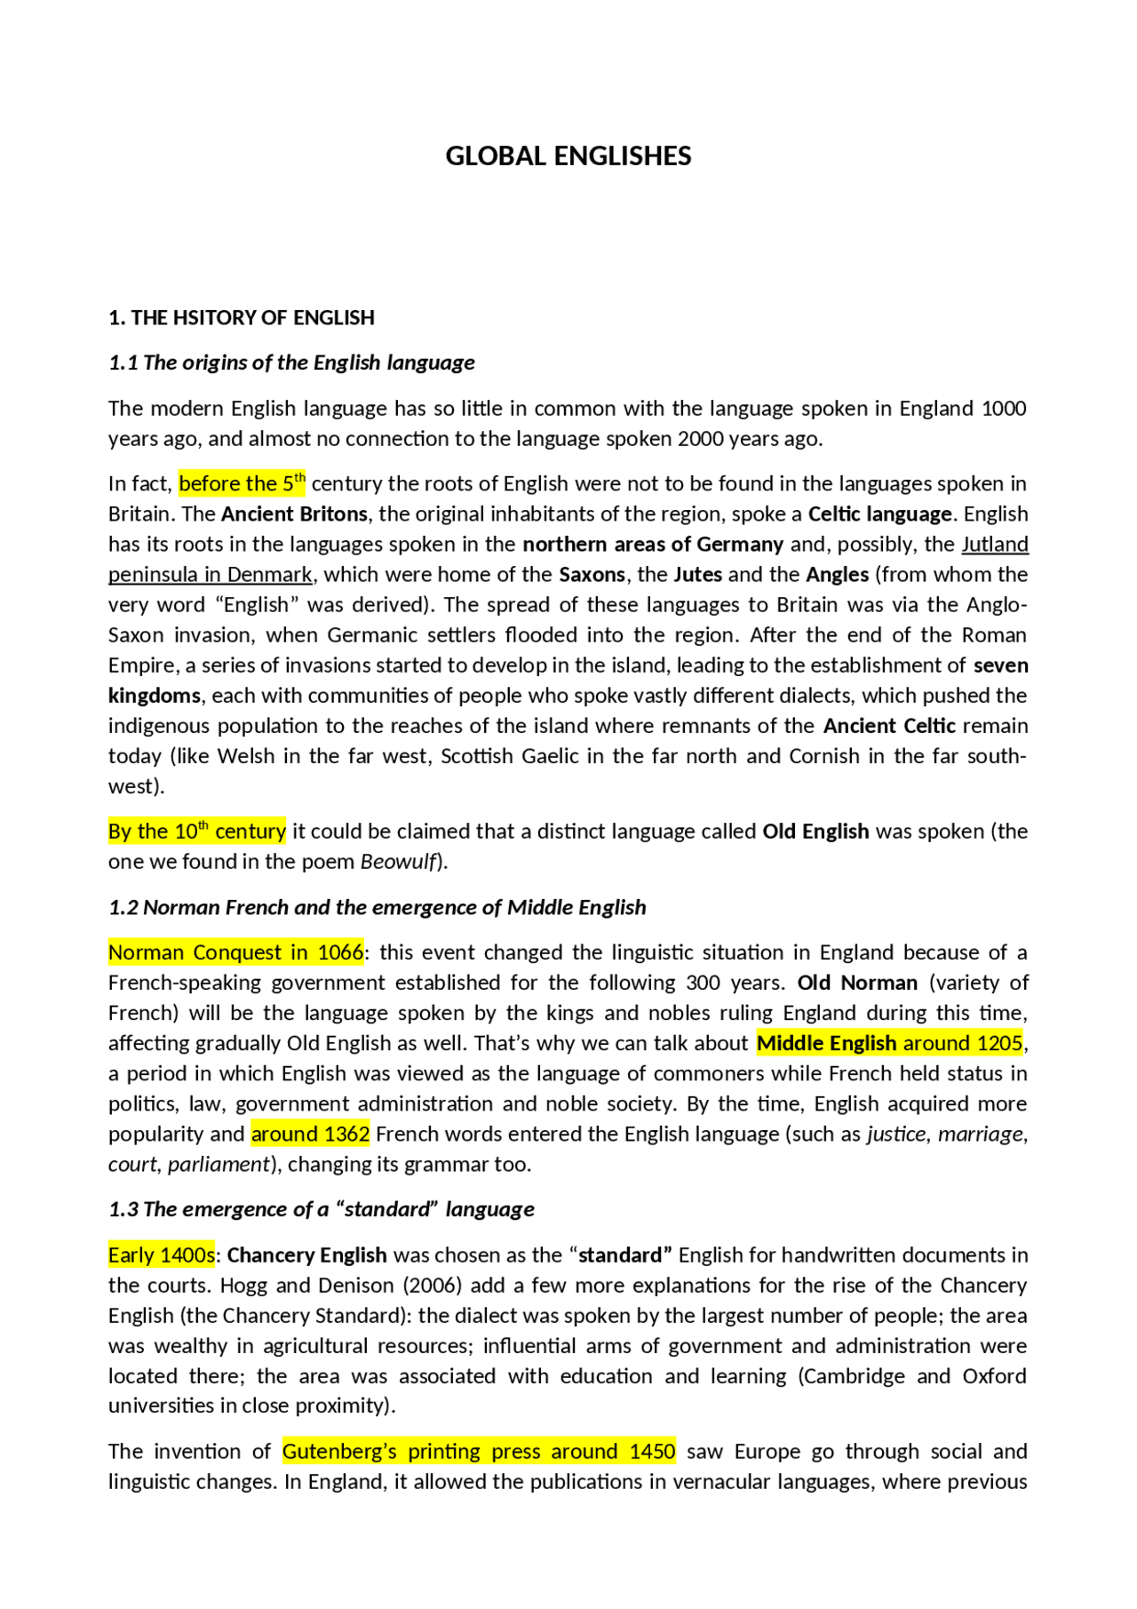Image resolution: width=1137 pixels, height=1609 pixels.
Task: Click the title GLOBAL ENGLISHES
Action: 568,156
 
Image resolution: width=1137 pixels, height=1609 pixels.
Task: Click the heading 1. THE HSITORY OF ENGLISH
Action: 241,318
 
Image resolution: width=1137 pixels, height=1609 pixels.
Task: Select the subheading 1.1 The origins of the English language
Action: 291,362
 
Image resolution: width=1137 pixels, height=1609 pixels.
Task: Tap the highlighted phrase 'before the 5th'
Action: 242,484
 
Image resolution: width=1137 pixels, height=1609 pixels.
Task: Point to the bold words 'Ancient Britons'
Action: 294,514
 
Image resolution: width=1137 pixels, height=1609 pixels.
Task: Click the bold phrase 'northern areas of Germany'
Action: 653,545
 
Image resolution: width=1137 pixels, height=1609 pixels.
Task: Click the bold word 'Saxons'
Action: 592,575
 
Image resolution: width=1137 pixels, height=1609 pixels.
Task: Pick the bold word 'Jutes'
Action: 697,575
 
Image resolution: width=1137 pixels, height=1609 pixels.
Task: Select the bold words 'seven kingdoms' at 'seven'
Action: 1001,665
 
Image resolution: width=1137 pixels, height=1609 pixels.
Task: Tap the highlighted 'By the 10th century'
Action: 197,832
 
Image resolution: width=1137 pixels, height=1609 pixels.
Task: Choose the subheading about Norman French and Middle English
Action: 378,908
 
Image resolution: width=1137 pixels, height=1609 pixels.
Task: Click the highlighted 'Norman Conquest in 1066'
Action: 235,953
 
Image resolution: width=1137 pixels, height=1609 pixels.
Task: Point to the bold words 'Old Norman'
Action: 857,984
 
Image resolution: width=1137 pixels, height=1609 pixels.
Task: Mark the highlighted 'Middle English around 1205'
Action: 890,1044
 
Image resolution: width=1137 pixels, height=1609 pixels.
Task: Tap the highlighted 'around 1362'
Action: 310,1135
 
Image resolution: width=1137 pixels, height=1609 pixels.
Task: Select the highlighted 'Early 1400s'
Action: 162,1255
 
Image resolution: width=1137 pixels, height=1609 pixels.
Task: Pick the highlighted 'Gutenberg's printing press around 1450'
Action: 479,1452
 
